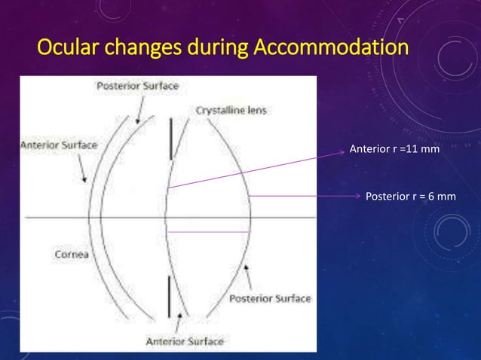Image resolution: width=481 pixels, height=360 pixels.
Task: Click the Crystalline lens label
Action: click(231, 110)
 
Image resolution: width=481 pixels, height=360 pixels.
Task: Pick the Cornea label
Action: click(72, 254)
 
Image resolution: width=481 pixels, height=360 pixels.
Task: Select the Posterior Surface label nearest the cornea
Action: click(137, 86)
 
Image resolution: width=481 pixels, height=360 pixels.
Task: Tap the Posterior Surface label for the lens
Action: click(270, 298)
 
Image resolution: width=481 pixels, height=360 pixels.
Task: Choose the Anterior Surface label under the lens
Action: click(185, 341)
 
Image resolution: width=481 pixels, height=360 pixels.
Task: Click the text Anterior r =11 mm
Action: click(394, 150)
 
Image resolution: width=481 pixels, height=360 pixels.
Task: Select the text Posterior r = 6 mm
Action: click(410, 197)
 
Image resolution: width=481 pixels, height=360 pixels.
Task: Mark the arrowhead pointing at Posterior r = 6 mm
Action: click(358, 197)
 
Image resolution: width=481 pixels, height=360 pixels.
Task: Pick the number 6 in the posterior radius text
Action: click(431, 197)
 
